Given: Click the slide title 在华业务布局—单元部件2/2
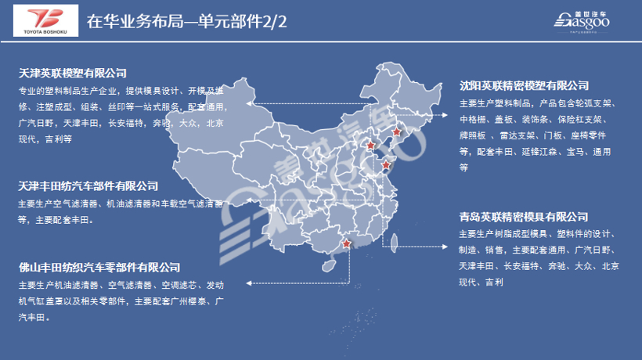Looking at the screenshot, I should coord(187,21).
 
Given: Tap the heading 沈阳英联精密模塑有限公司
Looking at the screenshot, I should coord(524,85).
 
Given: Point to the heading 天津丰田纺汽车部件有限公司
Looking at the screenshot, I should coord(88,186).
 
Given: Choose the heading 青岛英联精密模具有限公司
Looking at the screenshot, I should coord(524,216).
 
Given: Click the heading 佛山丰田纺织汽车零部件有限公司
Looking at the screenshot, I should coord(99,268).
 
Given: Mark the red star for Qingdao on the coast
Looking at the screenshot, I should coord(385,165).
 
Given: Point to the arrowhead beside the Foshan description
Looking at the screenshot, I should coord(248,282).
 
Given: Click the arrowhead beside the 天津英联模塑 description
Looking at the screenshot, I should coord(248,103).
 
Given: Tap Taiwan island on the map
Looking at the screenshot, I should coord(394,243).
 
